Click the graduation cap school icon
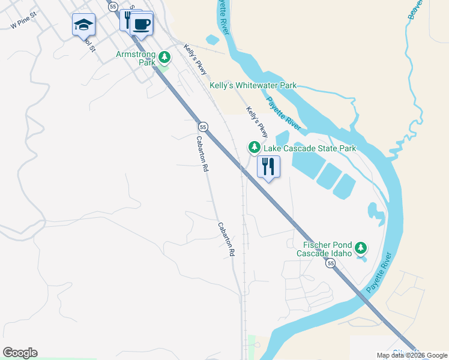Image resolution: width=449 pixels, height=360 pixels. tap(83, 25)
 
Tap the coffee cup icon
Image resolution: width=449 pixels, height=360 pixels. tap(142, 25)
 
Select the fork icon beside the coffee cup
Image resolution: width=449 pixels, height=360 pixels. tap(126, 19)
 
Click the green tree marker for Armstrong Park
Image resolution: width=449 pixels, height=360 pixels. tap(164, 58)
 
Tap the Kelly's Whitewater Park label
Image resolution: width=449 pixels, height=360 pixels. tap(253, 86)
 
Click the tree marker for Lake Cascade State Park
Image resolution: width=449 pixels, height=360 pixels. tap(255, 147)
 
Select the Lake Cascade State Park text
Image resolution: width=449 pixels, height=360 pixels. tap(309, 148)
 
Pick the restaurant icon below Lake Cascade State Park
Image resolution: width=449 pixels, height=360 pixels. tap(268, 167)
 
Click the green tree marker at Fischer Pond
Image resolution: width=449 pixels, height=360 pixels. tap(361, 248)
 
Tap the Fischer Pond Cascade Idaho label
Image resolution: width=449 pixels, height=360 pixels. tap(325, 248)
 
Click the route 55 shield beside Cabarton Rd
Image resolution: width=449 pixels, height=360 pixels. tap(203, 127)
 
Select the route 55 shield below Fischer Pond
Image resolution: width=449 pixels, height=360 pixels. tap(330, 263)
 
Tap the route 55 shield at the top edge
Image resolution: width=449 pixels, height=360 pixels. tap(112, 5)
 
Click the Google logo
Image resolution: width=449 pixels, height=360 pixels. tap(20, 353)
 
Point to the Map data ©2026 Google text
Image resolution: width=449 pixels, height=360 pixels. tap(412, 355)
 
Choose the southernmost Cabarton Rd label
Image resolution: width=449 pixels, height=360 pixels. tap(226, 238)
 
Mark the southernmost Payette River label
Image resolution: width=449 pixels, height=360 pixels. tap(379, 272)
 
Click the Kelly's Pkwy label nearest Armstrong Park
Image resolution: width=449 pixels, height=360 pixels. tap(195, 59)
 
